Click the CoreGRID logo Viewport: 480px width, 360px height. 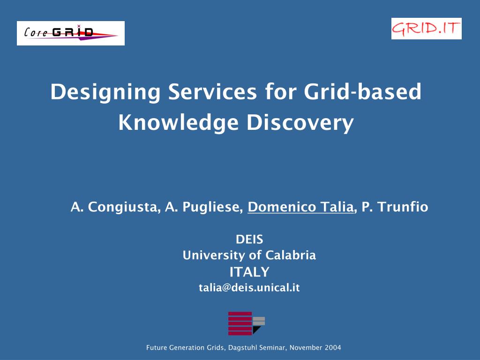click(70, 33)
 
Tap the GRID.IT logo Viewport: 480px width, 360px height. click(426, 29)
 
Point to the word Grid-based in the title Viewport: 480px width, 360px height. click(362, 92)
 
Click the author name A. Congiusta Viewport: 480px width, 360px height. click(113, 207)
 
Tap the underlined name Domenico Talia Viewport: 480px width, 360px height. click(300, 207)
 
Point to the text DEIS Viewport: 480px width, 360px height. click(249, 240)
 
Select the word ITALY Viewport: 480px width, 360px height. click(249, 272)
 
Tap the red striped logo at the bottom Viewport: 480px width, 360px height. click(240, 323)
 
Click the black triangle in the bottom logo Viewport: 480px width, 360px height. click(256, 330)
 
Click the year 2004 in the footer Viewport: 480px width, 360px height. click(333, 348)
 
